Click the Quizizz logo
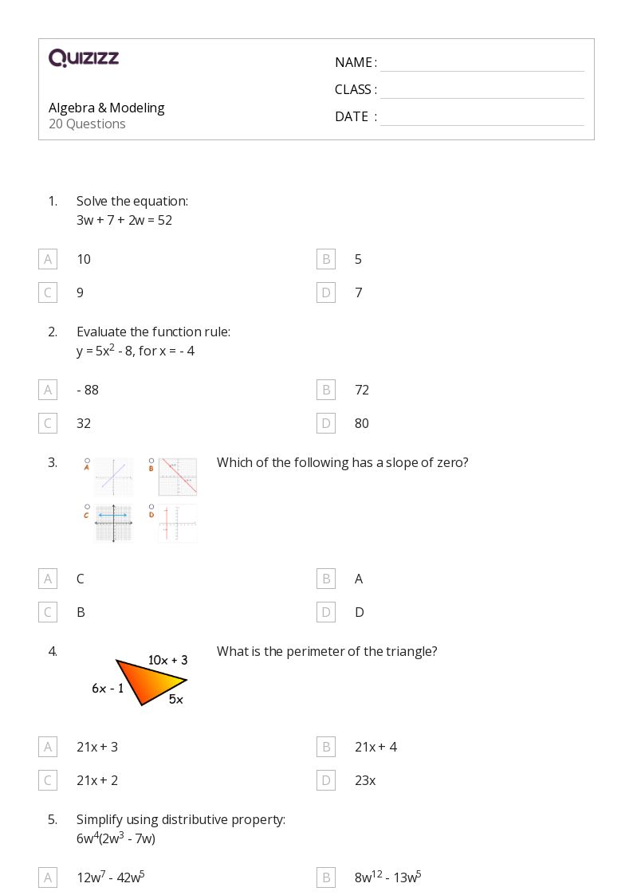(x=84, y=58)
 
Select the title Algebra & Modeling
(x=106, y=108)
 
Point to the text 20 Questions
(x=87, y=124)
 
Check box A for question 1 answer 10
(x=48, y=259)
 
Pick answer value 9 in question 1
(x=80, y=292)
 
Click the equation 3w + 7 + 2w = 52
(x=124, y=220)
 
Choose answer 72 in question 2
(x=362, y=390)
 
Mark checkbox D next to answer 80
(x=325, y=423)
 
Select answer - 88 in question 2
(x=88, y=390)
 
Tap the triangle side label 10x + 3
(x=167, y=660)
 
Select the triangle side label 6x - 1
(x=108, y=689)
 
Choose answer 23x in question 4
(x=365, y=780)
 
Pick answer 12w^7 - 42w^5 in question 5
(x=110, y=877)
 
